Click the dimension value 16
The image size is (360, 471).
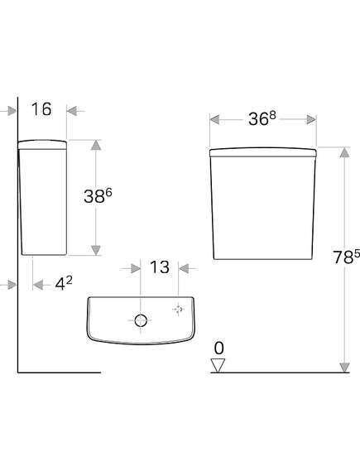point(41,109)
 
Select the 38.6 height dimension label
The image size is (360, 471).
point(98,196)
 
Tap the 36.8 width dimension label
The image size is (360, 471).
point(262,118)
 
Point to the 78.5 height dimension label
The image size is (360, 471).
point(347,257)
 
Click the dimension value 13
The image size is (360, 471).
point(160,267)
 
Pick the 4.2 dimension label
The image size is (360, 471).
point(64,283)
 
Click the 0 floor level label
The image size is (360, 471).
point(218,348)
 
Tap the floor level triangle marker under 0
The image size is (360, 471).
point(218,366)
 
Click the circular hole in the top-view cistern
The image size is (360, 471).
point(141,320)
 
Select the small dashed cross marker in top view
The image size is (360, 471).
point(179,309)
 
